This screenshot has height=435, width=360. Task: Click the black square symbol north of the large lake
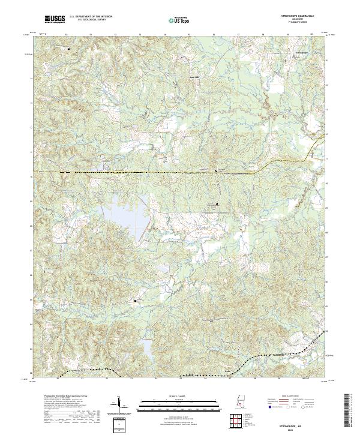217,204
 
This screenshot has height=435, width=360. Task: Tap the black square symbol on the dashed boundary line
216,171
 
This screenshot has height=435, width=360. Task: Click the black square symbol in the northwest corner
68,48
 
